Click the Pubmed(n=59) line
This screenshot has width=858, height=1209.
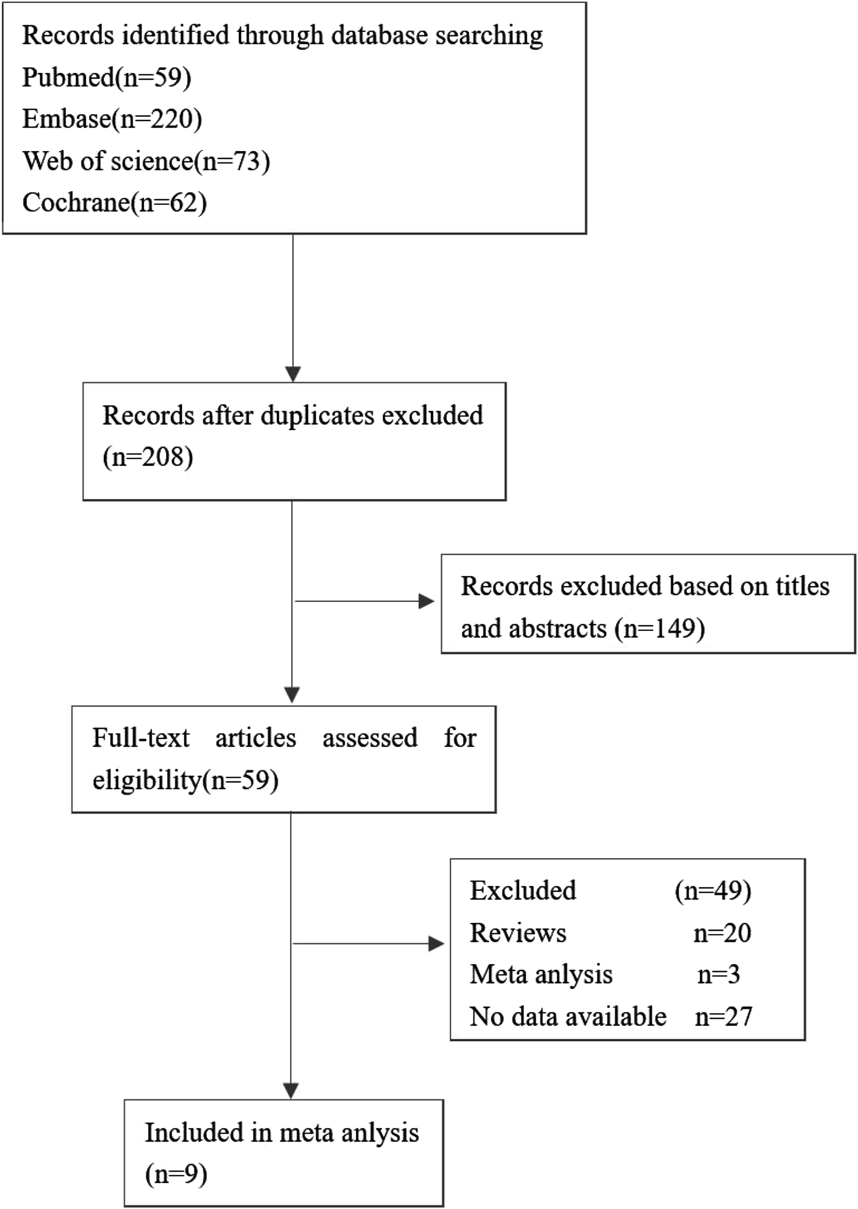(106, 78)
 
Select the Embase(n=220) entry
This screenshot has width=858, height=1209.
(112, 119)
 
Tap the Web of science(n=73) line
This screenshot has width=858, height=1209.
(146, 161)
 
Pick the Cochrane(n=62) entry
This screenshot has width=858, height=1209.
(114, 203)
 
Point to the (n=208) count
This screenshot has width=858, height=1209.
(147, 457)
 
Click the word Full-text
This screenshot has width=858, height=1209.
(140, 738)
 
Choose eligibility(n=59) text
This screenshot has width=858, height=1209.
(185, 780)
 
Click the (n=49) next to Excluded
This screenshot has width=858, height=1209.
(713, 891)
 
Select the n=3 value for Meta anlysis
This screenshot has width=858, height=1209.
(719, 975)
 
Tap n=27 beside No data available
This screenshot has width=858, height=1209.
(723, 1017)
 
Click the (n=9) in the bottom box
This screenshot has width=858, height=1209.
(176, 1175)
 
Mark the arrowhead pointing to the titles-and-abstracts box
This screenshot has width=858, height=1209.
(426, 601)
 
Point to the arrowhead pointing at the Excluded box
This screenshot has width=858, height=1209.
(436, 944)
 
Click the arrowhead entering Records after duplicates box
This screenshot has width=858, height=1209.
(293, 374)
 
